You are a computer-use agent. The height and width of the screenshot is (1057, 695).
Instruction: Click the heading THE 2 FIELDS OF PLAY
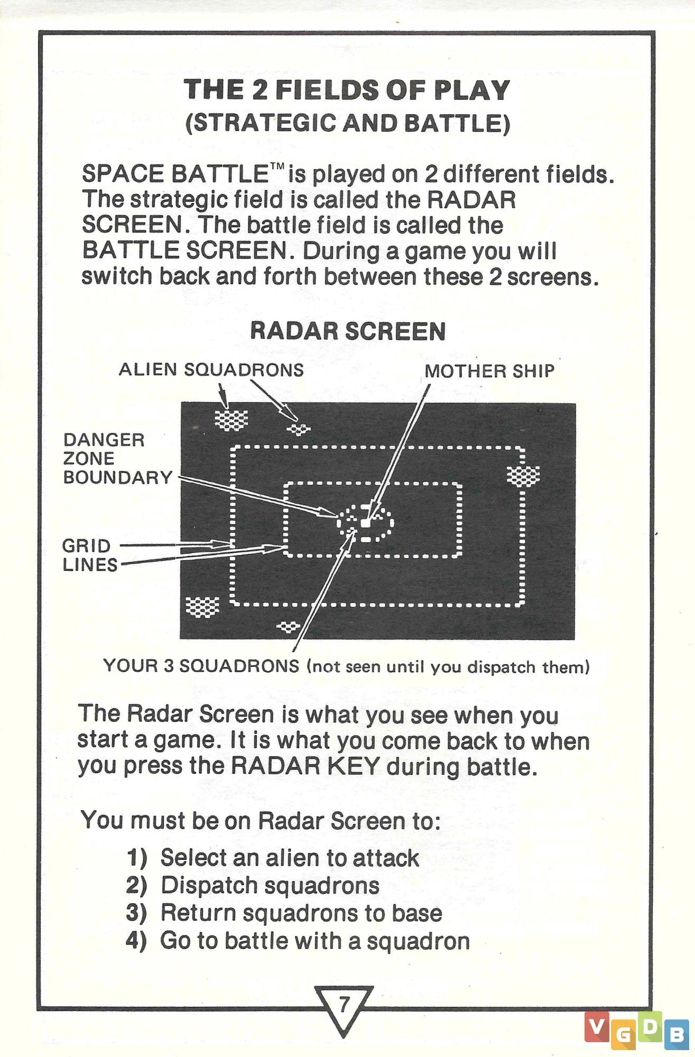(347, 90)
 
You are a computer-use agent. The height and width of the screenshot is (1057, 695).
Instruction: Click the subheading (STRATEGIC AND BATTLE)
(348, 123)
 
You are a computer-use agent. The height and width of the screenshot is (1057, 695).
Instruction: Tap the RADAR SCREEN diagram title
(348, 331)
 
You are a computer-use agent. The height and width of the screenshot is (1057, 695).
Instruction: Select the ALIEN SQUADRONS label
(211, 369)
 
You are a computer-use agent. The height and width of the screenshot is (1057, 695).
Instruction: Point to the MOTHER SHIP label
(489, 371)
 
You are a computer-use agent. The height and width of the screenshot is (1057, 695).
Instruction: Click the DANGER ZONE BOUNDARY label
(118, 459)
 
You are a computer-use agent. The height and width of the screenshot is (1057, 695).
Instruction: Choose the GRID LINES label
(90, 555)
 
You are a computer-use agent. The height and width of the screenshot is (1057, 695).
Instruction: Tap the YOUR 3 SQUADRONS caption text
(346, 666)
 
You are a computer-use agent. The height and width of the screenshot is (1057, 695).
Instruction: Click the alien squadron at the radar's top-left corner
(231, 420)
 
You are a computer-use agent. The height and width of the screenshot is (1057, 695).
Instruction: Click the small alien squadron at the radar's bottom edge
(288, 627)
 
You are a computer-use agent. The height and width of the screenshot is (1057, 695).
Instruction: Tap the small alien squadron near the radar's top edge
(299, 429)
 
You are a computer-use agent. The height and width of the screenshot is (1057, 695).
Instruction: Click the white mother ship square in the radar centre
(365, 523)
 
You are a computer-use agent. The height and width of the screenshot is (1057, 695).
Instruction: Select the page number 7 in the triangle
(344, 1003)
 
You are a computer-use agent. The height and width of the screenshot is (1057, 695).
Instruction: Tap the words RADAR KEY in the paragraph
(305, 766)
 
